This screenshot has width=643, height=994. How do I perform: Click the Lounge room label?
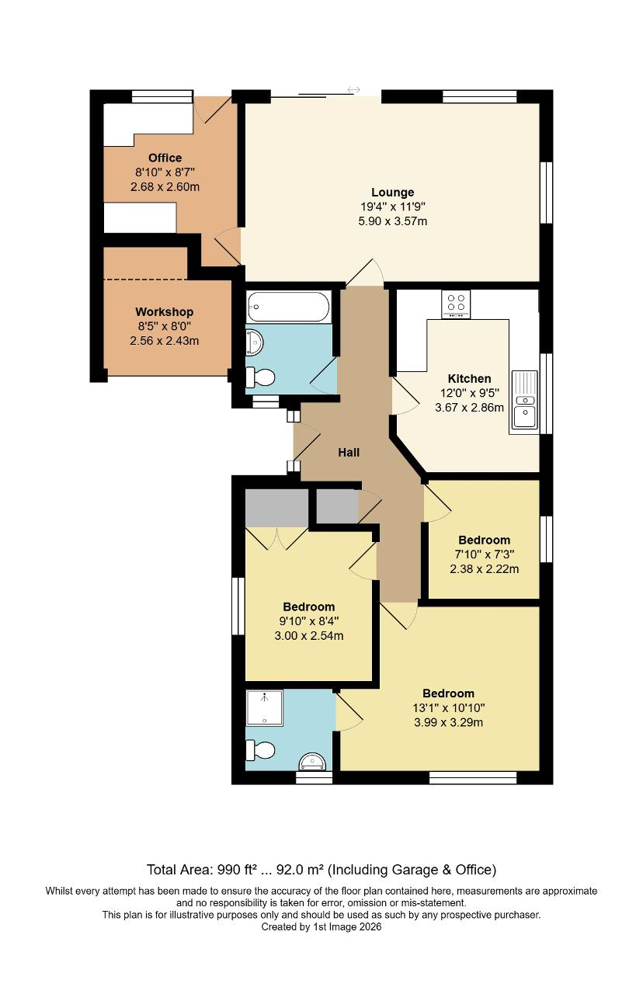(392, 192)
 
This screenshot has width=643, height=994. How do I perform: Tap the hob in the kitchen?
(455, 304)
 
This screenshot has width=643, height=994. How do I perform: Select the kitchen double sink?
(524, 401)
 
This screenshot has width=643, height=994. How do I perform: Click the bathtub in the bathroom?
(288, 307)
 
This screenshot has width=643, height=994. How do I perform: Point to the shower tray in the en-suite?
(264, 707)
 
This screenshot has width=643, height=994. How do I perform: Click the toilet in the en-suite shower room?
(260, 750)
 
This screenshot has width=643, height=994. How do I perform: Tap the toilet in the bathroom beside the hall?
(260, 377)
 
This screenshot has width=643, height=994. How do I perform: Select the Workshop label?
(164, 312)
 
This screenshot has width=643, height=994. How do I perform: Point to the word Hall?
(349, 452)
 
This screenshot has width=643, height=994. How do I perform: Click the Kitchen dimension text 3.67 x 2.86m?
(468, 407)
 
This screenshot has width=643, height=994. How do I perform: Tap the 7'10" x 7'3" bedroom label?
(484, 554)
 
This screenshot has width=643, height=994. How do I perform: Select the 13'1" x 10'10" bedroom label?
(448, 707)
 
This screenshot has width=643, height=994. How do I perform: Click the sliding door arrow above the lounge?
(354, 90)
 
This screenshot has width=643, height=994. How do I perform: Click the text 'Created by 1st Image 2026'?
(321, 926)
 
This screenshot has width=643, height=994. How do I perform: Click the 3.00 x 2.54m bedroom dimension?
(308, 635)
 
